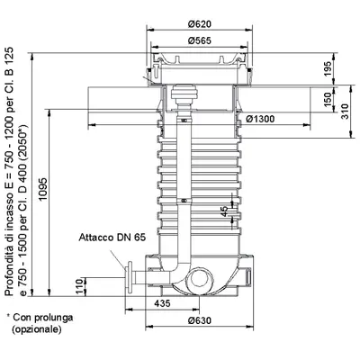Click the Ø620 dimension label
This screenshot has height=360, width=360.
click(x=200, y=24)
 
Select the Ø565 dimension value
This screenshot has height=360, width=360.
click(x=200, y=40)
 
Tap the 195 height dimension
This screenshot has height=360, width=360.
click(x=328, y=68)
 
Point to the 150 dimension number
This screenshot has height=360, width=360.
click(x=328, y=99)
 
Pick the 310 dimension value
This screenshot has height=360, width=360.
click(x=346, y=112)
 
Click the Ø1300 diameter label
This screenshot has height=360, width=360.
click(x=260, y=119)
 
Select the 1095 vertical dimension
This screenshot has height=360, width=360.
click(x=43, y=189)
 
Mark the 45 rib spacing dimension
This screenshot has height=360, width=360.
click(x=224, y=211)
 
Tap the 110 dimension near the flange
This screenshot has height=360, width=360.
click(x=79, y=286)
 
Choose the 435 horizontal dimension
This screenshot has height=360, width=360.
click(x=162, y=303)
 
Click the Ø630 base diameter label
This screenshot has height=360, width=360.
click(x=200, y=320)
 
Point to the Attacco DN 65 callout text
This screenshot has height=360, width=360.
click(x=112, y=238)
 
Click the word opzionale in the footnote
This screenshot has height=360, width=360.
click(x=37, y=329)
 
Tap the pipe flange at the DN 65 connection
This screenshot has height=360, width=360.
click(x=130, y=277)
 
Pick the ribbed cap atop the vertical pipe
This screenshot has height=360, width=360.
click(x=184, y=93)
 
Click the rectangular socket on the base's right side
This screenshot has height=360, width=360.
click(x=248, y=276)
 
